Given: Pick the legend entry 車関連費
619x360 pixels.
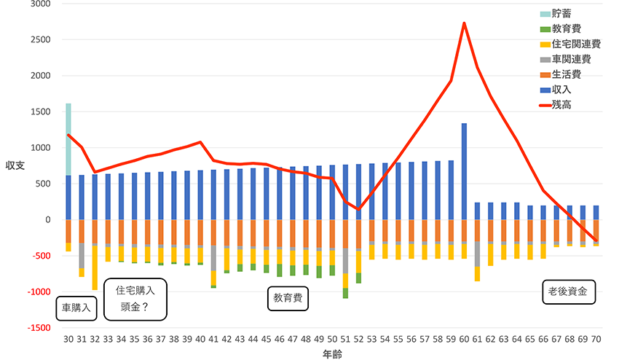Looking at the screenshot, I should click(570, 59).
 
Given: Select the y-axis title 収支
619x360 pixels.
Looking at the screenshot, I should click(15, 165).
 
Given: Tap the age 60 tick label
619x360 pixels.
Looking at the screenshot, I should click(465, 340).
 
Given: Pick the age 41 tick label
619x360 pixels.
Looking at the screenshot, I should click(214, 340).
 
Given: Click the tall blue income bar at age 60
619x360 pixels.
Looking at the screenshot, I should click(465, 171).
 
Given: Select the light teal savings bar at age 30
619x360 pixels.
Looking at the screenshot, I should click(68, 139).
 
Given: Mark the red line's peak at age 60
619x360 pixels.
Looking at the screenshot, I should click(465, 23).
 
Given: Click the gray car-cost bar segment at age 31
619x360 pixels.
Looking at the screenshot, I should click(82, 255).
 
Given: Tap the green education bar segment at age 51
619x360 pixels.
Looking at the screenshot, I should click(345, 293).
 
